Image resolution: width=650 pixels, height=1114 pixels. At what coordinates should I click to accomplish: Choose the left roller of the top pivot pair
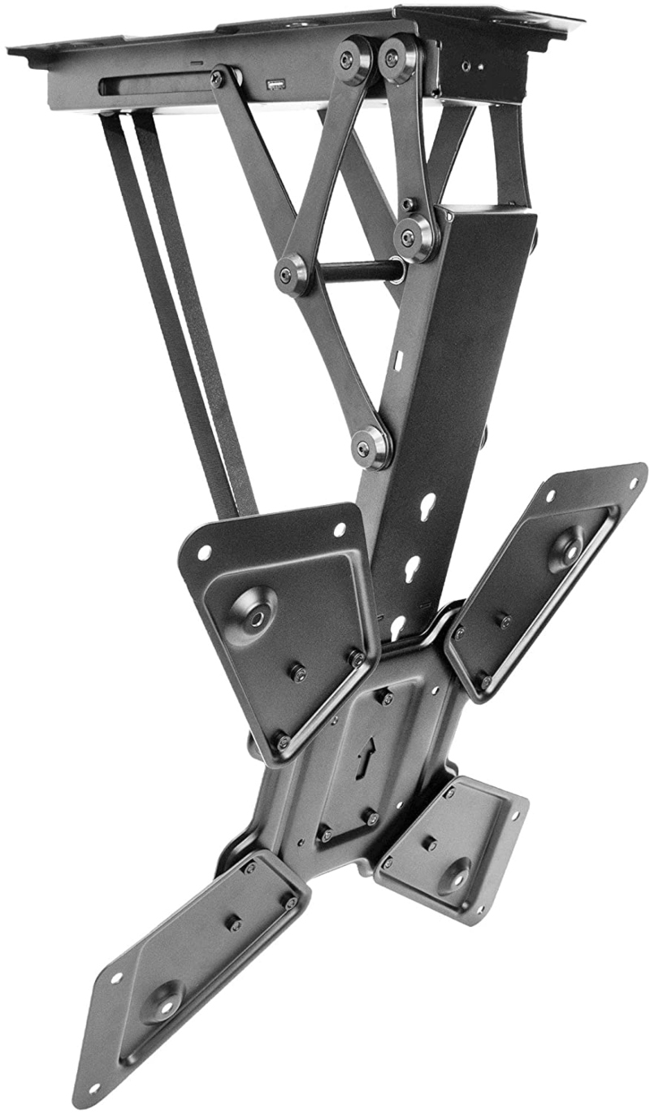[x=353, y=59]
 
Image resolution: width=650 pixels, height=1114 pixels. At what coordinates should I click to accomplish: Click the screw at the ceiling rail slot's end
[x=218, y=79]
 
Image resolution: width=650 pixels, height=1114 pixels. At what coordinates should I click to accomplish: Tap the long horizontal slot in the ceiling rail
[x=154, y=85]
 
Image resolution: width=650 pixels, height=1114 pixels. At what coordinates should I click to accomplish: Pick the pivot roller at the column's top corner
[x=414, y=237]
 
